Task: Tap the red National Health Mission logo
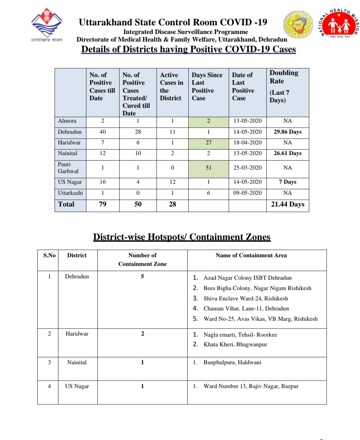pos(339,23)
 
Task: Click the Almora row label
pos(67,121)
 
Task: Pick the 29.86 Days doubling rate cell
pos(287,132)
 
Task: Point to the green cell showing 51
pos(208,168)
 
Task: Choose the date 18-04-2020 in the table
pos(247,143)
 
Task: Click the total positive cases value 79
pos(103,204)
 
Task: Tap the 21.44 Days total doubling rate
pos(287,204)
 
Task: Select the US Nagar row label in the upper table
pos(70,182)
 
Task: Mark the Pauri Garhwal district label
pos(68,168)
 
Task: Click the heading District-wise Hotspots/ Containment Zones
pos(182,237)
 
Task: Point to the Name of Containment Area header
pos(251,255)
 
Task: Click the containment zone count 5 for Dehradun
pos(142,276)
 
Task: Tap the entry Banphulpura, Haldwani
pos(232,362)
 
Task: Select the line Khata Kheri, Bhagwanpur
pos(235,344)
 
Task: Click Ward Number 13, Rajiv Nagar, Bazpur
pos(251,386)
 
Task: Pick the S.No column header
pos(49,255)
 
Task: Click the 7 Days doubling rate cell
pos(287,182)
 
